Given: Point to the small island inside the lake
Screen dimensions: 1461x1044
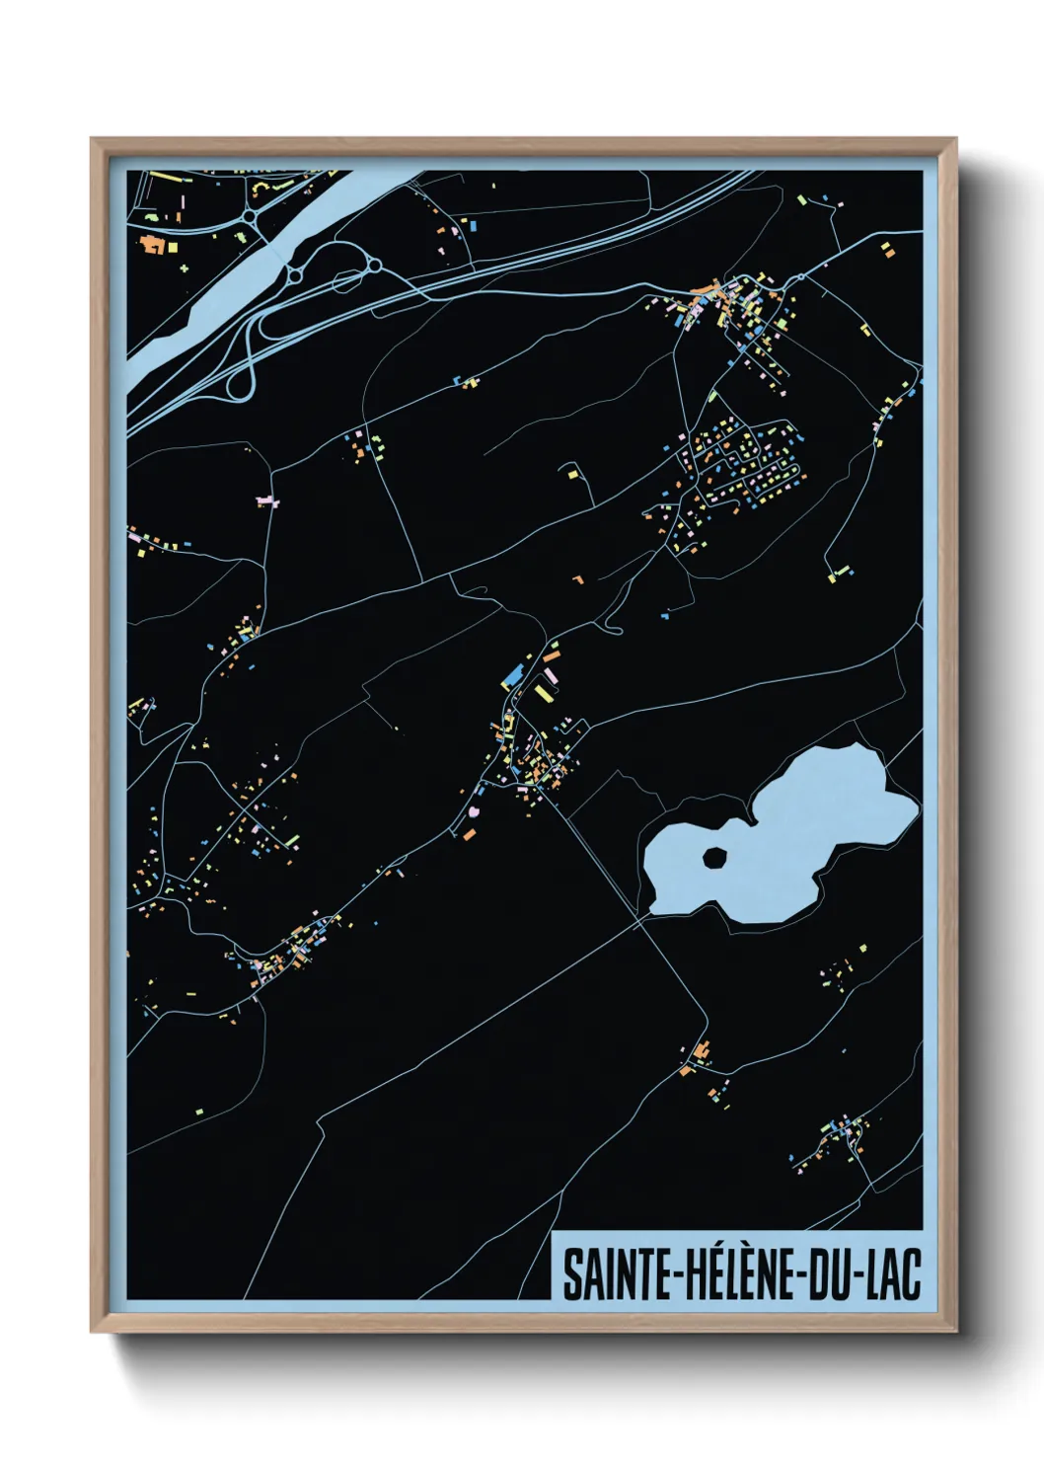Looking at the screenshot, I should [x=713, y=857].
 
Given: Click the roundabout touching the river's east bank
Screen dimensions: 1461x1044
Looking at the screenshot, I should [x=295, y=273].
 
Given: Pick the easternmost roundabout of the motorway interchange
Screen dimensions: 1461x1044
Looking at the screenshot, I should [x=374, y=265].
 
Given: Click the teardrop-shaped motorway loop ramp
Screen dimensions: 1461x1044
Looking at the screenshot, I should [x=240, y=384].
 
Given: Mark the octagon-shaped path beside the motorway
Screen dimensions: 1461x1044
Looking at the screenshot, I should [x=345, y=283].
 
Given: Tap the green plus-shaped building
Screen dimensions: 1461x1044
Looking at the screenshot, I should [x=184, y=268].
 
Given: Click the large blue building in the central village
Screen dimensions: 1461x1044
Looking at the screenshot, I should [x=512, y=676].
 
